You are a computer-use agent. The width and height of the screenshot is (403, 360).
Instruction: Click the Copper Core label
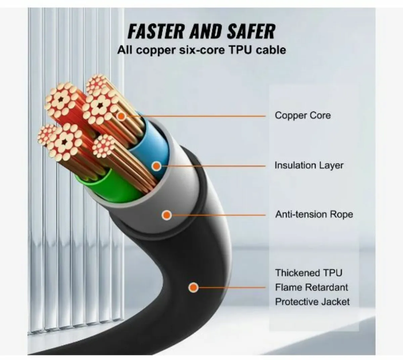tap(303, 116)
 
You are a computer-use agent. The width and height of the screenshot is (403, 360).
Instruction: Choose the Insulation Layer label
tap(309, 165)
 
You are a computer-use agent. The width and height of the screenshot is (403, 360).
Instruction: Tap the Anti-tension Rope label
tap(314, 214)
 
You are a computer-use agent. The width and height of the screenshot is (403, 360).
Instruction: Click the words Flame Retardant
tap(312, 287)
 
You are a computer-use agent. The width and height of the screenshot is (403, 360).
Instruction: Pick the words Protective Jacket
tap(312, 302)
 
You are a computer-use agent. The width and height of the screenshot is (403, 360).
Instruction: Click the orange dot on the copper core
tap(121, 116)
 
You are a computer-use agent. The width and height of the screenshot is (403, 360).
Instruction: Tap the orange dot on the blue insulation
tap(156, 166)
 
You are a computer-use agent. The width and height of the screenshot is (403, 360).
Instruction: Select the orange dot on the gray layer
tap(167, 215)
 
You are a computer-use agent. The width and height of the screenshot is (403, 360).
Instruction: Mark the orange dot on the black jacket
tap(193, 287)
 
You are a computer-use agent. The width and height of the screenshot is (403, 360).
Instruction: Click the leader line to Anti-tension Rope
tap(218, 215)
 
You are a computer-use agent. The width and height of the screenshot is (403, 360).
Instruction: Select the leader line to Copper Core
tap(201, 116)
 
